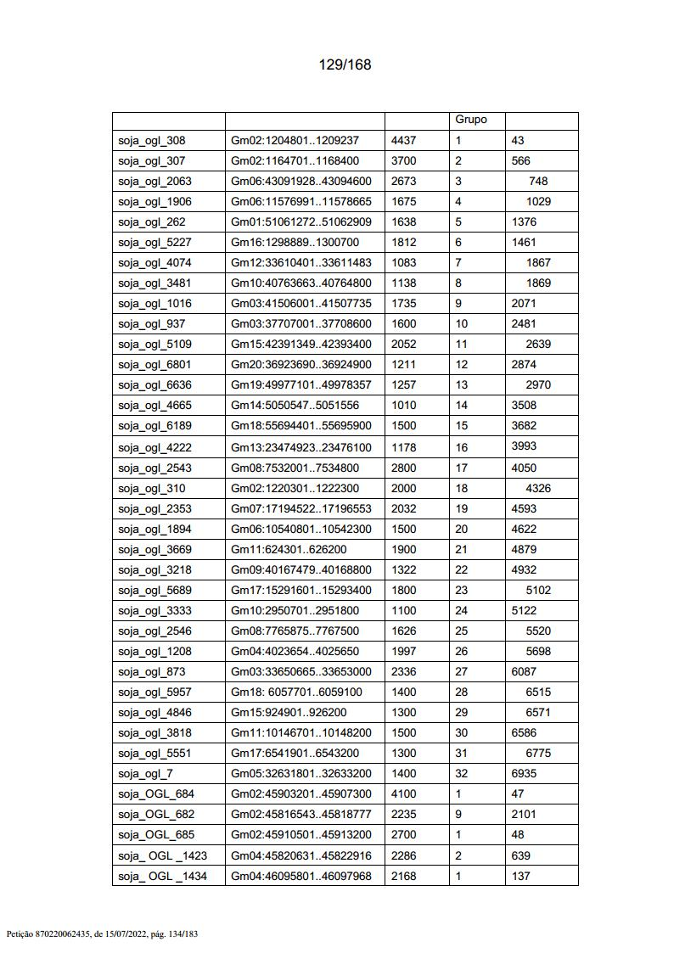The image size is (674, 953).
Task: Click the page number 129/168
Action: (x=345, y=64)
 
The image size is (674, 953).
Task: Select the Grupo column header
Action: (x=471, y=120)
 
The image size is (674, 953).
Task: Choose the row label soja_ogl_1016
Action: (x=154, y=303)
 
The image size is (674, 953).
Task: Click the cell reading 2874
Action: (x=525, y=364)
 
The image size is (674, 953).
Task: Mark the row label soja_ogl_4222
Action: (x=154, y=447)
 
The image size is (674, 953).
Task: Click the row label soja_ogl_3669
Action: (x=154, y=549)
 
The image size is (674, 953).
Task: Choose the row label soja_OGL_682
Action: (x=156, y=814)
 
